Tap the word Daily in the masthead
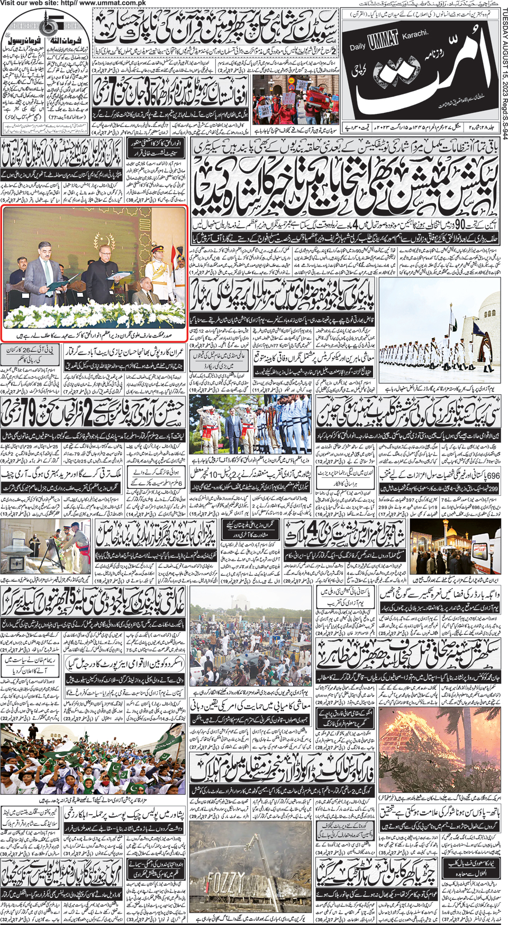coord(358,47)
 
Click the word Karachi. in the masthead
coord(414,34)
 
